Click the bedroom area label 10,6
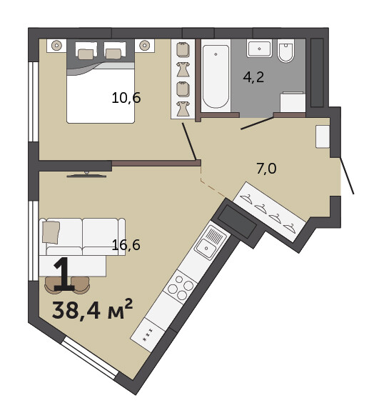click(x=126, y=98)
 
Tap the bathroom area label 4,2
click(x=253, y=77)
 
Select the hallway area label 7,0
click(x=266, y=169)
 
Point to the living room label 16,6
click(x=126, y=244)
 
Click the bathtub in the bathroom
click(x=216, y=76)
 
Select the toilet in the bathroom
click(x=285, y=51)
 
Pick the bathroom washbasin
click(x=259, y=48)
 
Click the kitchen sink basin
click(x=206, y=248)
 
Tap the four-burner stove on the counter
click(x=181, y=286)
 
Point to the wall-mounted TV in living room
click(x=86, y=175)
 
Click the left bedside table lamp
click(x=57, y=46)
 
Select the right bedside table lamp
click(x=145, y=46)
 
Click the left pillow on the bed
click(x=86, y=54)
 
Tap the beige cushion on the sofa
click(x=51, y=232)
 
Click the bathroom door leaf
click(x=257, y=123)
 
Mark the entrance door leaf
click(x=347, y=175)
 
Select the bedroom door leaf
click(x=190, y=141)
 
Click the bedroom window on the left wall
click(x=33, y=101)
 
